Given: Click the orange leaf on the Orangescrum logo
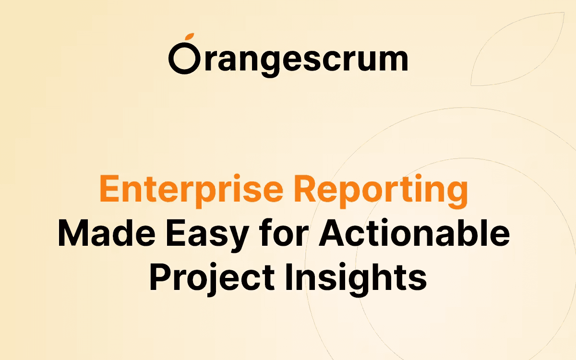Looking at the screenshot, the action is (x=190, y=36).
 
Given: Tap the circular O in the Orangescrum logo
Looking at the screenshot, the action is (x=173, y=59).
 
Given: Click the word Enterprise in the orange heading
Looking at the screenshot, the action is (x=192, y=190).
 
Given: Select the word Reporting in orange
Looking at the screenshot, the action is (x=381, y=191).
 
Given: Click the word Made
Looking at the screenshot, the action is (x=107, y=233).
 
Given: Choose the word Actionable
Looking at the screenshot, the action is (x=414, y=233).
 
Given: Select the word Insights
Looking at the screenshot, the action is (x=356, y=279).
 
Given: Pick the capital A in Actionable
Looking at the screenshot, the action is (x=332, y=233).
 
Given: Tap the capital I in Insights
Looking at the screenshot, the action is (x=289, y=277).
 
